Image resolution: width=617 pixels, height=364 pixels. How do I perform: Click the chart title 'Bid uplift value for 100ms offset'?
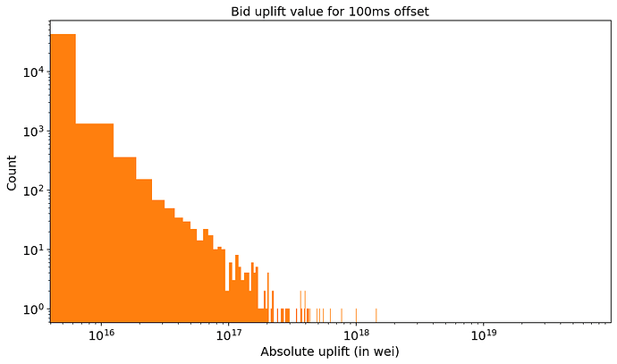click(x=330, y=11)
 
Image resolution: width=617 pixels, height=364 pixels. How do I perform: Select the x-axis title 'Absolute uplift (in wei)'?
click(x=330, y=351)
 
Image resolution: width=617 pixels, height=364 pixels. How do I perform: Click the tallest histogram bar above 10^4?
click(x=63, y=179)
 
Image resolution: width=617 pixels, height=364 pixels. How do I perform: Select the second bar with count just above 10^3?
click(x=94, y=224)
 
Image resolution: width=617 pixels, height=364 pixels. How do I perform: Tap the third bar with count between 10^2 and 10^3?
click(x=124, y=241)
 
